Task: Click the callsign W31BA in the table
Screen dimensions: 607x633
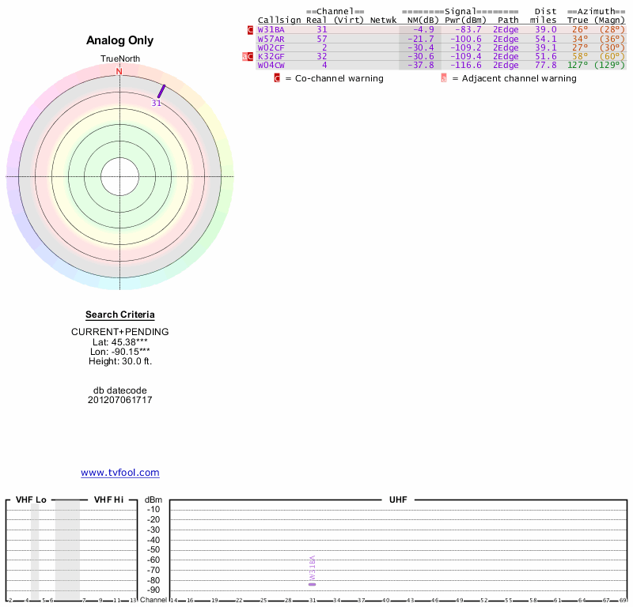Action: (271, 29)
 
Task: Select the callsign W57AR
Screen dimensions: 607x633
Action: (271, 39)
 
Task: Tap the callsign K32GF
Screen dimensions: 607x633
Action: (271, 56)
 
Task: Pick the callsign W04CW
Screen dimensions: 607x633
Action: (271, 65)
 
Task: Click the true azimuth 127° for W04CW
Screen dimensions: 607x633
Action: (578, 65)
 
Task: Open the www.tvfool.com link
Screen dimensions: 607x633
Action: (120, 473)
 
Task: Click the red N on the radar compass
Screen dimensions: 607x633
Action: (119, 72)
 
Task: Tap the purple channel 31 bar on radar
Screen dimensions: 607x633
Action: (161, 92)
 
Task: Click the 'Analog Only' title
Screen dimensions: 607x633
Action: (120, 41)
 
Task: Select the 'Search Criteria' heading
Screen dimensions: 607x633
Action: (120, 315)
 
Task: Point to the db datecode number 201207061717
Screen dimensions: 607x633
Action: (120, 400)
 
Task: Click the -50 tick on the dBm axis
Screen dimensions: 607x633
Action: (153, 549)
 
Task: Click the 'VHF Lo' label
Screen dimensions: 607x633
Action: (31, 500)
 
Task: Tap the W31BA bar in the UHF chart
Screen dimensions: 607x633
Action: (313, 570)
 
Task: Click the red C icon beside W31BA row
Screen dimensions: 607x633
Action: (251, 29)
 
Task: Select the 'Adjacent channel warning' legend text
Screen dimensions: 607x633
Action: (520, 78)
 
